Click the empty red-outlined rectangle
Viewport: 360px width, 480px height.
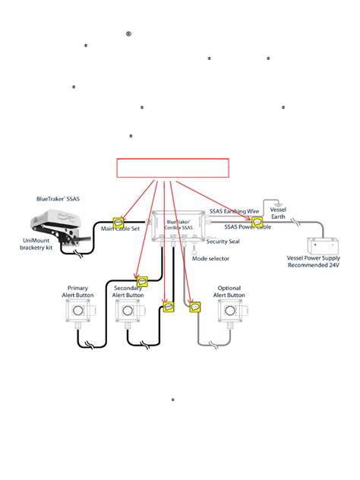(172, 168)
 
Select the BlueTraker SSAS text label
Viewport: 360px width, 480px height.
(57, 198)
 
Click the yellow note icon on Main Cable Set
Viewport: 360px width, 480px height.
(118, 223)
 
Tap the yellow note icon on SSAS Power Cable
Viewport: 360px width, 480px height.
(257, 223)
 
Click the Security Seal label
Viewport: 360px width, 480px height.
(223, 242)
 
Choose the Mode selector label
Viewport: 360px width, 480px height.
(210, 258)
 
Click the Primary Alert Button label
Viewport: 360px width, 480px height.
(77, 292)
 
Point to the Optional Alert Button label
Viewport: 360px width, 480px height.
(229, 292)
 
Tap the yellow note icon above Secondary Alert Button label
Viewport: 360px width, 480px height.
(141, 281)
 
